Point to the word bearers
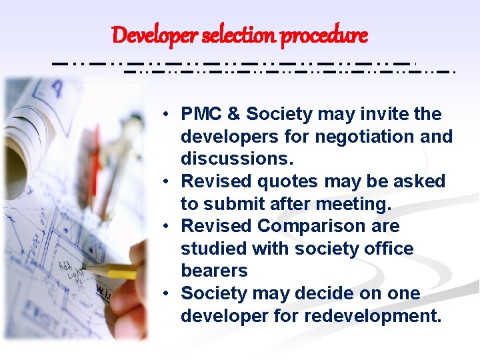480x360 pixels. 214,271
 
